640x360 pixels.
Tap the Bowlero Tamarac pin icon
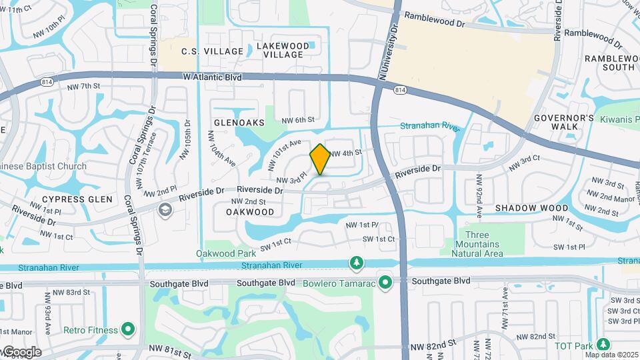pos(385,283)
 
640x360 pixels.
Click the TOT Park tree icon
pos(603,345)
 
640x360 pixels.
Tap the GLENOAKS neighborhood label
pos(239,123)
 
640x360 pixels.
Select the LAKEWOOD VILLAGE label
pos(283,51)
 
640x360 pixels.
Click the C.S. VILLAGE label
pos(213,51)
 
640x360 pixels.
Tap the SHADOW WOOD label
pos(531,208)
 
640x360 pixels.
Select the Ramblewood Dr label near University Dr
pos(434,22)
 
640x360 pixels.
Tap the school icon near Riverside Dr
pos(164,210)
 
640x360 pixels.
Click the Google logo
pos(21,352)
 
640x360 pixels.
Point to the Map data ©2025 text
pos(611,354)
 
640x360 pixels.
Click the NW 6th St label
pos(297,120)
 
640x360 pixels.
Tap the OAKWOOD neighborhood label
pos(250,212)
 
